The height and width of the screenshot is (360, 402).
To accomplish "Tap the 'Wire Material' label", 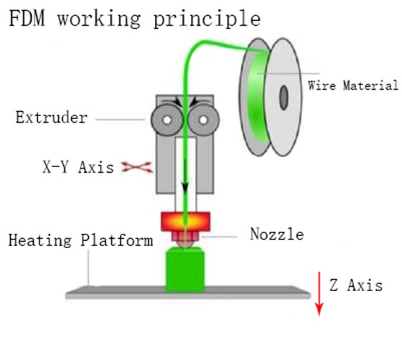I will click(x=352, y=86).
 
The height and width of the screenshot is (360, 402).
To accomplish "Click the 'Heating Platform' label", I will click(x=81, y=240).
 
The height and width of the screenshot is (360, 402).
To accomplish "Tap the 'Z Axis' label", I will click(x=355, y=285).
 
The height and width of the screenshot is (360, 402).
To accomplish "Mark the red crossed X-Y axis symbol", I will click(x=133, y=168).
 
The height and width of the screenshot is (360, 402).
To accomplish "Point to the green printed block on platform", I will click(x=186, y=270).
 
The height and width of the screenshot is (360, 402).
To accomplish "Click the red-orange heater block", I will click(x=186, y=220).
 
